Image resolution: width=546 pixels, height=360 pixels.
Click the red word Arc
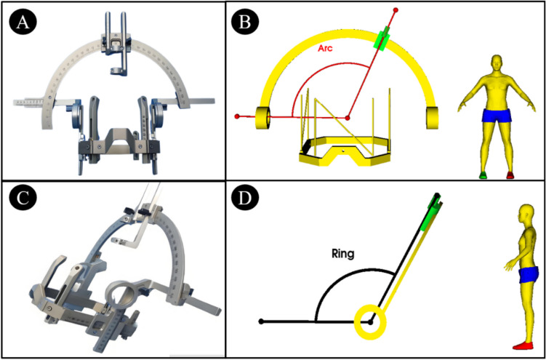[325, 49]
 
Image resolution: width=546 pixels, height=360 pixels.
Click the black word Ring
[342, 254]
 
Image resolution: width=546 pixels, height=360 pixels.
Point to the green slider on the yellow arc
[382, 38]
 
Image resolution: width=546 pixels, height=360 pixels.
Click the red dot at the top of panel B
[396, 9]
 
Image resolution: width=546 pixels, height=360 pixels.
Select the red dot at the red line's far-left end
[237, 116]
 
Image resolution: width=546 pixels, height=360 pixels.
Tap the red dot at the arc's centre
[348, 118]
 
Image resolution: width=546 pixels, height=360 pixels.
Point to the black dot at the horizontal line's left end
[261, 321]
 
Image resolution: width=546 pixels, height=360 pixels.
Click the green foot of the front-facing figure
[482, 175]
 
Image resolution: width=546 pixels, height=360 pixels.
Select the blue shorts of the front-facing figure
[497, 115]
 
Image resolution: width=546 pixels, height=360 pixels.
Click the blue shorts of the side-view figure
[529, 275]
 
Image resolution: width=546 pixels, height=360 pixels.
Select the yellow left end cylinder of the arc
[262, 118]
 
